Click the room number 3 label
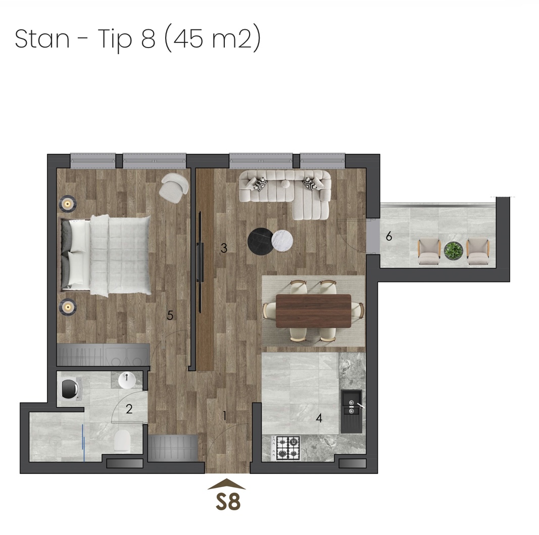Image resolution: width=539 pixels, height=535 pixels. point(224,248)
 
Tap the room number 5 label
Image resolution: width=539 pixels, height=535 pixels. point(170,316)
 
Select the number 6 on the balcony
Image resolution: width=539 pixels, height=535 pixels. point(389,236)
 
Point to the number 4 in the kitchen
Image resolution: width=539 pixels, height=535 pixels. point(319,418)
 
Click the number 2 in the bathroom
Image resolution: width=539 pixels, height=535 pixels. point(129,409)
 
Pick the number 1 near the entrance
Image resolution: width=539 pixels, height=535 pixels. point(225,416)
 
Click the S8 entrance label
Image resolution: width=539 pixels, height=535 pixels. point(228,502)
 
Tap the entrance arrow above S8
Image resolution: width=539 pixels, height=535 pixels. point(227,484)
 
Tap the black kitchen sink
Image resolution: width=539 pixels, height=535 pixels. point(351,412)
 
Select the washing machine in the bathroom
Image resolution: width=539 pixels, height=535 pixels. point(71,389)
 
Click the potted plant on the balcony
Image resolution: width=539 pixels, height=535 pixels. point(454,250)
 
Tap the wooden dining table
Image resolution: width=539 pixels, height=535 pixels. point(313,311)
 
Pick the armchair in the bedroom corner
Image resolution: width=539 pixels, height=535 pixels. point(174,188)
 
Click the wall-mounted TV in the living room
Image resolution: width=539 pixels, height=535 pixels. point(200,262)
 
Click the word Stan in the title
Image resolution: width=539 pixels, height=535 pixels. point(42,38)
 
